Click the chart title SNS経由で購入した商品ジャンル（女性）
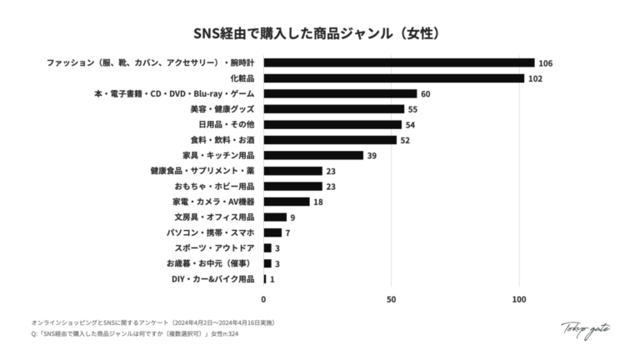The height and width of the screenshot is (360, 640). [320, 34]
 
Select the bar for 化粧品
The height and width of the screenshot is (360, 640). [393, 78]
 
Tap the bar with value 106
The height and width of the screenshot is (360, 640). [398, 62]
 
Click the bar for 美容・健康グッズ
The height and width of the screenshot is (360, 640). [333, 109]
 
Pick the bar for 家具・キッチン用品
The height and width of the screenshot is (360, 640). [313, 155]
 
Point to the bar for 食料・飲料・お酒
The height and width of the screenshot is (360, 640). [330, 140]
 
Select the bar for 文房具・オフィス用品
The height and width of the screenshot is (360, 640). [275, 217]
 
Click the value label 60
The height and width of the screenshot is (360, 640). [426, 94]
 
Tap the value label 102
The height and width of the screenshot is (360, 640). [535, 78]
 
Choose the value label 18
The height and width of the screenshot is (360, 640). [318, 202]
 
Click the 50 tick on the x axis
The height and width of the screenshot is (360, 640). [391, 299]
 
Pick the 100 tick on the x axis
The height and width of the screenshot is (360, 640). [519, 299]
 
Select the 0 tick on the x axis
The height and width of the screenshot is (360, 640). [264, 299]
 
